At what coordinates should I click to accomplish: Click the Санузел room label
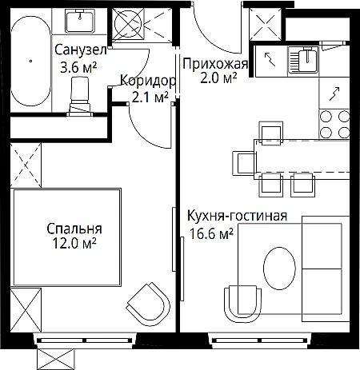click(x=81, y=50)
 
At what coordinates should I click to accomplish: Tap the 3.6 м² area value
click(x=78, y=68)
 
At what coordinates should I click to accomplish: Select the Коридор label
click(x=148, y=81)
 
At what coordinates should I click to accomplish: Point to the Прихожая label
click(x=215, y=64)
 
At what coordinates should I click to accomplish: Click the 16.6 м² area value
click(x=211, y=234)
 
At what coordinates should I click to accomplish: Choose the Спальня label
click(x=74, y=229)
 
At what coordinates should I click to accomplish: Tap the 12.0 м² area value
click(x=74, y=243)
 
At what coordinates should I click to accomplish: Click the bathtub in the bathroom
click(x=30, y=61)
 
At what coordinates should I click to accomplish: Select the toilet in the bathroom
click(x=80, y=96)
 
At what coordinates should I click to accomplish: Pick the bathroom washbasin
click(x=80, y=21)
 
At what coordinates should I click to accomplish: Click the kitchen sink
click(x=303, y=60)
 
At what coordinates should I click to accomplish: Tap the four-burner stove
click(x=334, y=124)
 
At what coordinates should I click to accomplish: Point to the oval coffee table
click(x=279, y=268)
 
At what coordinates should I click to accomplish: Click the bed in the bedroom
click(x=66, y=237)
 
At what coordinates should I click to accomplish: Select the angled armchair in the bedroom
click(x=149, y=304)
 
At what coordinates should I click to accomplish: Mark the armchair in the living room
click(x=243, y=304)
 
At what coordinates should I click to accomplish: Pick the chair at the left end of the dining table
click(x=244, y=163)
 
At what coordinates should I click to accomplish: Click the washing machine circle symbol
click(x=128, y=24)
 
